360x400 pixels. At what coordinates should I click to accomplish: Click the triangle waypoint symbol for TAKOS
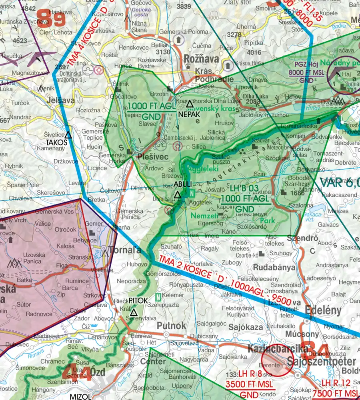click(x=68, y=135)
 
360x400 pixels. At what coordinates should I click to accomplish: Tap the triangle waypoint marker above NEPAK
click(x=190, y=104)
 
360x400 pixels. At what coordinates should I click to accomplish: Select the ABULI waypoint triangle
click(x=177, y=195)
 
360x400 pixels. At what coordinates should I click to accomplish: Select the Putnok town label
click(x=171, y=326)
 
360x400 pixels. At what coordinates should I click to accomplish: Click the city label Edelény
click(x=323, y=310)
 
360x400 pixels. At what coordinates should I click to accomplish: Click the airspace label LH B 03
click(x=245, y=188)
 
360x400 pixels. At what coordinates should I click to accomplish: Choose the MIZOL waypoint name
click(x=80, y=396)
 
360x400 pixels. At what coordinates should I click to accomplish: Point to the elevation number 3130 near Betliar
click(x=163, y=52)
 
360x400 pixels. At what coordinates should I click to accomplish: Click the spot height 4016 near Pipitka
click(x=254, y=52)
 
